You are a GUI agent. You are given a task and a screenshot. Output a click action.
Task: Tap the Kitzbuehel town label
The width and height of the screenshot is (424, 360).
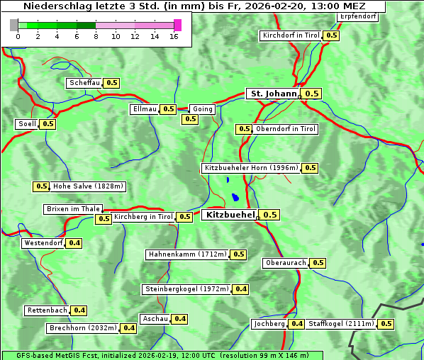pos(229,214)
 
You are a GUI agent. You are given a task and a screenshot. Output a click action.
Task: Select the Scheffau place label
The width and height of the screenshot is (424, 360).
pos(84,83)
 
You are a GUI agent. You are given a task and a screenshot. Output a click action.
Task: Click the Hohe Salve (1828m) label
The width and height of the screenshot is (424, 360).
pos(88,186)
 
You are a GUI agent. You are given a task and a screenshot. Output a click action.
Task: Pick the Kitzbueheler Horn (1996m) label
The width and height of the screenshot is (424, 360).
pos(251,168)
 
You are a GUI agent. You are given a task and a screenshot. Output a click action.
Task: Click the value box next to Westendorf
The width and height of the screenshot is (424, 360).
pos(74,243)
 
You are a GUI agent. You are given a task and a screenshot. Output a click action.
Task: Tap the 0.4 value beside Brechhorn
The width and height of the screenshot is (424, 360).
pos(128,328)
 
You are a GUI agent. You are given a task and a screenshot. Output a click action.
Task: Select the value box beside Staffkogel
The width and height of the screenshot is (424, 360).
pos(386,324)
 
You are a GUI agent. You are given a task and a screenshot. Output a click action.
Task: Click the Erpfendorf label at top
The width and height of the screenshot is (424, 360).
pos(357,16)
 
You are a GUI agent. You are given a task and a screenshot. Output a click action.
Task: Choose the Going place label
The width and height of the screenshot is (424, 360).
pos(202,109)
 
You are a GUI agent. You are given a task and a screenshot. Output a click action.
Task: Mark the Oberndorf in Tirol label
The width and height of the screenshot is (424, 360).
pos(286,129)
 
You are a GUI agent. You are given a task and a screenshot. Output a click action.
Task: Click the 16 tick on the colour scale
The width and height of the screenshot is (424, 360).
pos(174,36)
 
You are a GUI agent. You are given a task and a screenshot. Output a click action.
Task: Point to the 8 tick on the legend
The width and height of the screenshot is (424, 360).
pos(96,36)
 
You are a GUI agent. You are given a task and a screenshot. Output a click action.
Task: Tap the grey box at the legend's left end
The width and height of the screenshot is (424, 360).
pos(14,25)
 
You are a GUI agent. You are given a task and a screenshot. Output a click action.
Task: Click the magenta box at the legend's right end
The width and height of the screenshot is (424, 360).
pos(177,25)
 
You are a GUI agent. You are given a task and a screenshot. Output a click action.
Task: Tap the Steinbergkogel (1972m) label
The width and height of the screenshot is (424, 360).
pos(186,289)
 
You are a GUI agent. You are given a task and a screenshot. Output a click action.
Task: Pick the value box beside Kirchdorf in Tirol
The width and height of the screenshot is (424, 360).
pos(331,35)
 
